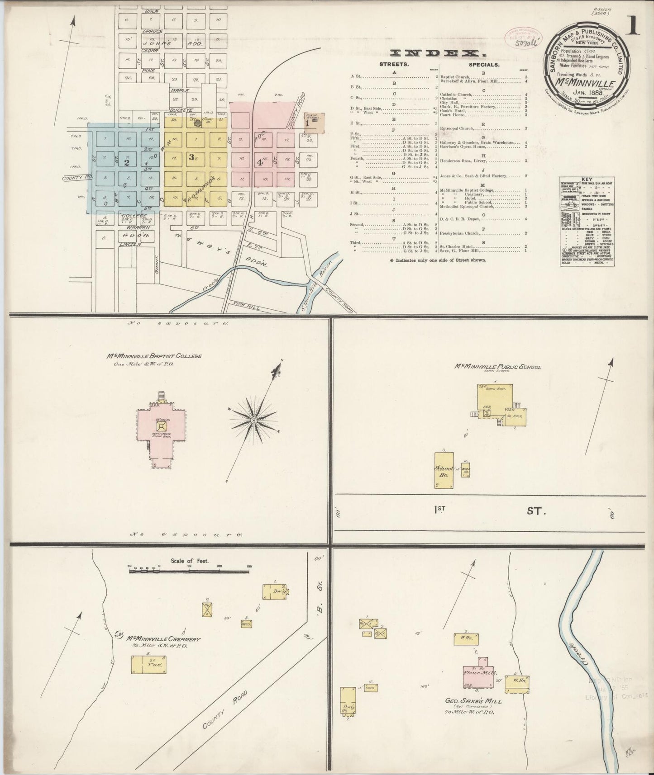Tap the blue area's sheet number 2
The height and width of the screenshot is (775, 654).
click(x=127, y=162)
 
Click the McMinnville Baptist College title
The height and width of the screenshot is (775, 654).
click(x=154, y=356)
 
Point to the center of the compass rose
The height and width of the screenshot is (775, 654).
click(x=254, y=421)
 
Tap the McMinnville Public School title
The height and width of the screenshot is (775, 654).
click(x=497, y=367)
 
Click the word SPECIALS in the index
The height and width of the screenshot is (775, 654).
click(x=484, y=65)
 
